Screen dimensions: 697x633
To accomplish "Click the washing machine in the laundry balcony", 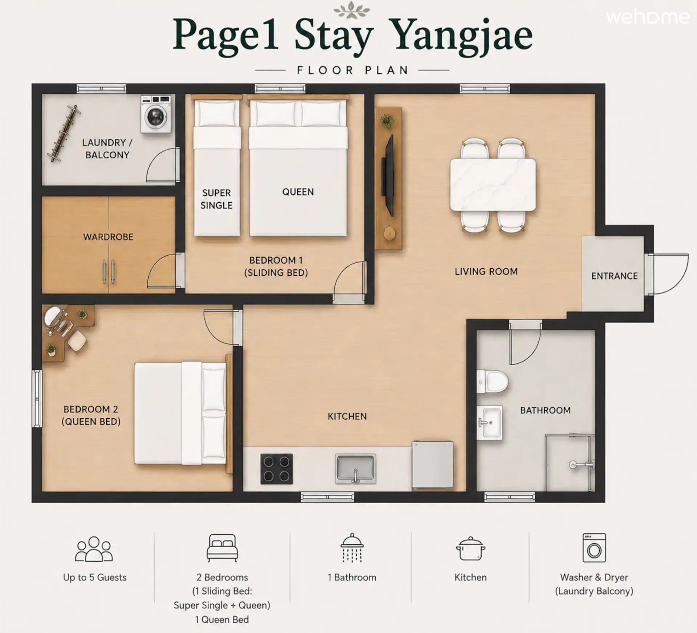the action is [x=156, y=114].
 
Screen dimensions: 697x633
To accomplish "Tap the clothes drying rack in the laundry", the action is [x=64, y=133].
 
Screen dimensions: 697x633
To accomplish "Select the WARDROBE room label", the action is [x=108, y=237].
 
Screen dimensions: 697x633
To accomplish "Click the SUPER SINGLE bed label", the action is [x=216, y=199].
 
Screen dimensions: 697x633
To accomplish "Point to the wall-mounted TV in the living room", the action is [x=388, y=176].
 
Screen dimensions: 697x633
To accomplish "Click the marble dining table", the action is [x=493, y=184].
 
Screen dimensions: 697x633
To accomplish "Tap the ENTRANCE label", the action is [x=614, y=276].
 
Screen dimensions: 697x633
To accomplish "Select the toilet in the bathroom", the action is [x=492, y=382].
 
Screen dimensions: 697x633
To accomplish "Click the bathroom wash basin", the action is [x=489, y=422].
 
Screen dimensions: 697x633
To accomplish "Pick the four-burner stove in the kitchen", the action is [x=277, y=468].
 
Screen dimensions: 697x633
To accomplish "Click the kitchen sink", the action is [x=355, y=468].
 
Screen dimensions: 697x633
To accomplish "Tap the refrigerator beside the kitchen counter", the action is [x=432, y=465].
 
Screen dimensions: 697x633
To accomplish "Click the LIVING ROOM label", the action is [x=486, y=272].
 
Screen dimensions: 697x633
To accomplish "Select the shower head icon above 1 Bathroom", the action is [x=352, y=548].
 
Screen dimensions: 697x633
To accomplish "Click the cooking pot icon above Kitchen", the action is [x=470, y=548].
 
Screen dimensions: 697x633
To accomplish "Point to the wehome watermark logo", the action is [x=648, y=17].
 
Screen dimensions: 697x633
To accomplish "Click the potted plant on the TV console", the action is [x=387, y=121].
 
